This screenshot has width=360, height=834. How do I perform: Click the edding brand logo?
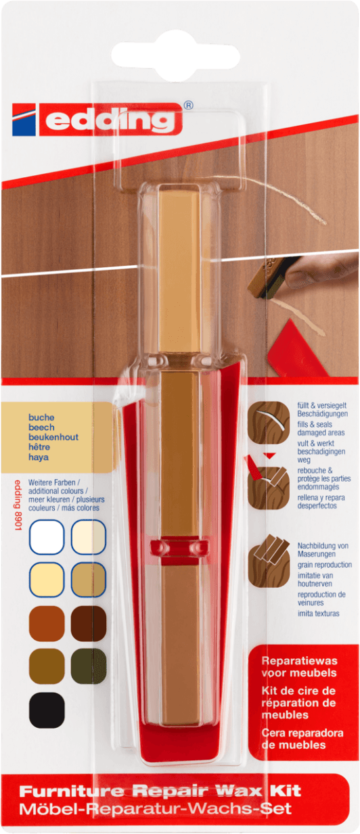point(97,120)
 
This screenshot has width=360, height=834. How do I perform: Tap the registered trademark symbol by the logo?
point(189,106)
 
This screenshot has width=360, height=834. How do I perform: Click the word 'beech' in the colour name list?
point(41,427)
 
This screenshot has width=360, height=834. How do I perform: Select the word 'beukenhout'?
point(53,437)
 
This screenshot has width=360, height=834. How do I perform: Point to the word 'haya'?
point(39,457)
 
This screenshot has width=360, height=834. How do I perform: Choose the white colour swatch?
point(47,537)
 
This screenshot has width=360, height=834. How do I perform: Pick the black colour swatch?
point(47,710)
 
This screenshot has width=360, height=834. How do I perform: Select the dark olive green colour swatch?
point(89,666)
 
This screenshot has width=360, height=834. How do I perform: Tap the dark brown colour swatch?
point(89,623)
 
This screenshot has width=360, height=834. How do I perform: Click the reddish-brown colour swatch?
point(47,623)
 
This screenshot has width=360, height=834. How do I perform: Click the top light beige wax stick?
point(179,269)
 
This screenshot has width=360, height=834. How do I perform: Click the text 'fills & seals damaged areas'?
point(321,429)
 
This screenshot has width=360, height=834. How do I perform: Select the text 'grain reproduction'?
point(325,564)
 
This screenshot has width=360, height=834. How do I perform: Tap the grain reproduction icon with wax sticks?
point(269,566)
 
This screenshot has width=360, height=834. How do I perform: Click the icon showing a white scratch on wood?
point(269,422)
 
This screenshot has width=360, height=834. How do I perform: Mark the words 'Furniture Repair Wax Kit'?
point(160,791)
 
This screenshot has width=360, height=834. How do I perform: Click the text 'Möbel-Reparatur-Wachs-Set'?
point(156,808)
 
